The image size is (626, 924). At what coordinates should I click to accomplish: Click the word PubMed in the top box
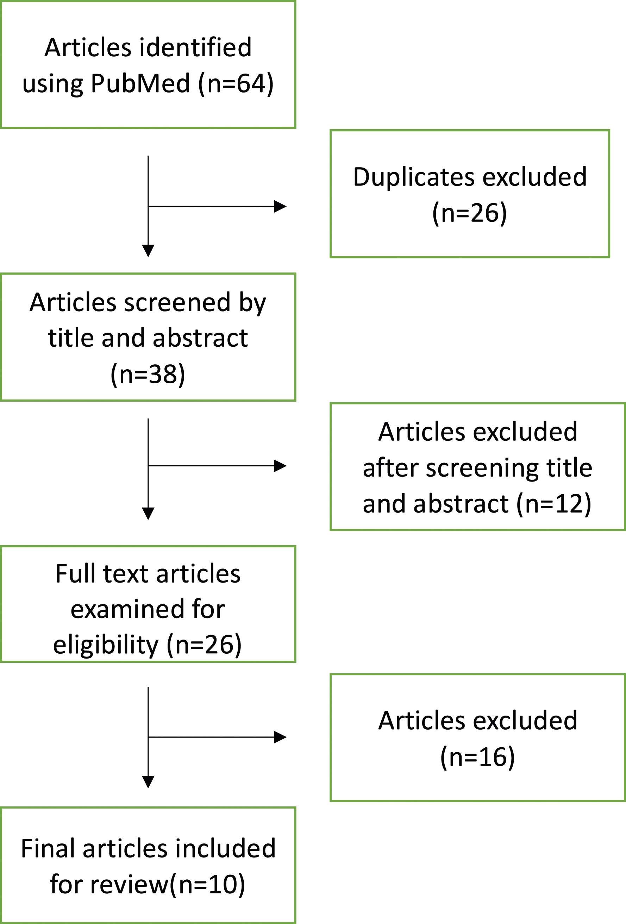pos(140,83)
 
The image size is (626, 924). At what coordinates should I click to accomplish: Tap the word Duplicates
pos(414,177)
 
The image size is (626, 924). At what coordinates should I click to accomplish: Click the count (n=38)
pos(148,374)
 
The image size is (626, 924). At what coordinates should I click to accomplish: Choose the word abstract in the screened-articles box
pos(200,338)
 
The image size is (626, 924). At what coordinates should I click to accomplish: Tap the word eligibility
pos(105,645)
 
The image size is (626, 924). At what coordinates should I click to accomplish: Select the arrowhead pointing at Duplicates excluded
pos(280,206)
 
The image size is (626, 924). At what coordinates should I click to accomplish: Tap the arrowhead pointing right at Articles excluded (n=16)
pos(280,737)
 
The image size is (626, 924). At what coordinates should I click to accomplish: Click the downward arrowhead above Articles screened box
pos(148,251)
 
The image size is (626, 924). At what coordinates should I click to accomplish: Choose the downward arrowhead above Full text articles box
pos(148,514)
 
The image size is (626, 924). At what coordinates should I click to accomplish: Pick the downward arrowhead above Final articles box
pos(148,782)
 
